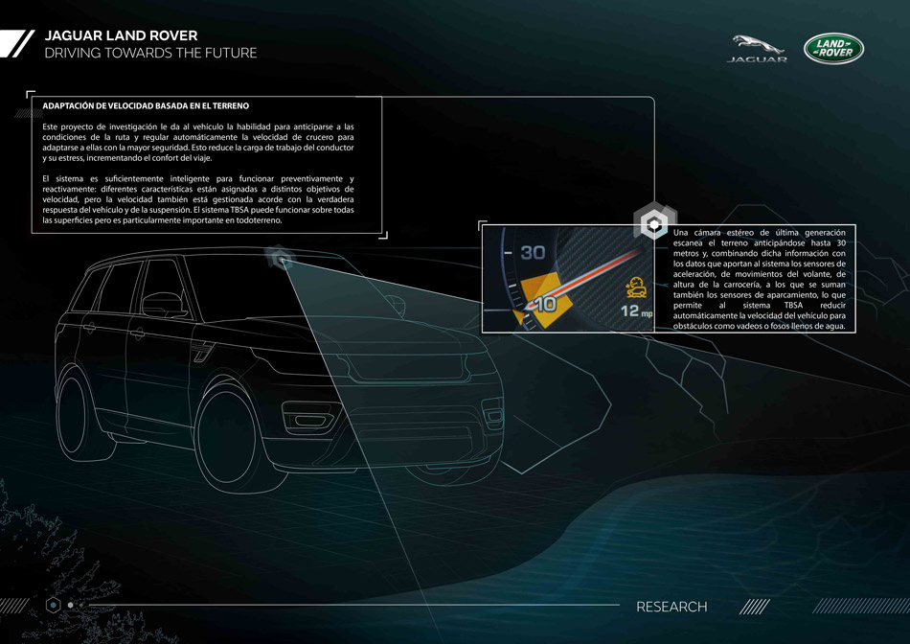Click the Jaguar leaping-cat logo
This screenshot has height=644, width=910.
(x=759, y=44)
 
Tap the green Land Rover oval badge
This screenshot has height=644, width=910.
(x=833, y=49)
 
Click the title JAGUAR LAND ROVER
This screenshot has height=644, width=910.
(x=121, y=35)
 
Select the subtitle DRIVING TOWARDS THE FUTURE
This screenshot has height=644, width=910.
(x=150, y=54)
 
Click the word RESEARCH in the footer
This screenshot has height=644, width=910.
(x=671, y=607)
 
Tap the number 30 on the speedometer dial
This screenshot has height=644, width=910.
(x=533, y=253)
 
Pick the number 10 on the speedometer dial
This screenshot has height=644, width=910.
(x=543, y=305)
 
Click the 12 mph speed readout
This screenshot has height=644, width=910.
(x=635, y=310)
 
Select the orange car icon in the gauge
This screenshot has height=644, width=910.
(x=633, y=285)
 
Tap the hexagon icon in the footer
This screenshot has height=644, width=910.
(x=54, y=605)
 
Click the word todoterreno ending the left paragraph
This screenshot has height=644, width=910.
(x=253, y=220)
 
